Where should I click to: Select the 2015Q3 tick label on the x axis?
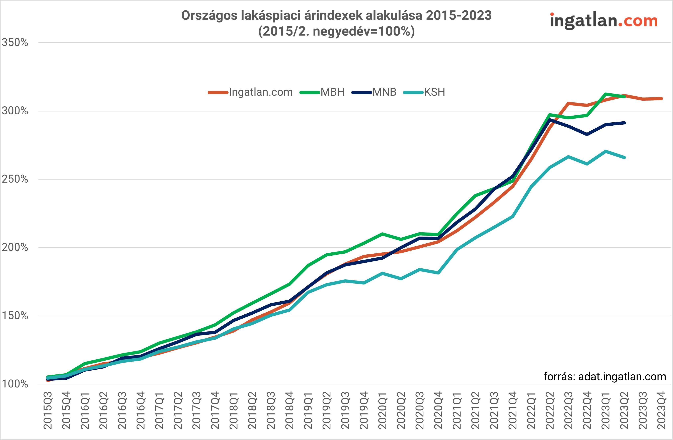[x=48, y=410]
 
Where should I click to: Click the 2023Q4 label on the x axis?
[x=661, y=410]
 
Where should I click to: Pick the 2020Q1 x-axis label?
[x=382, y=410]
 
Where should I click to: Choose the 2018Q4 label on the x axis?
[x=289, y=410]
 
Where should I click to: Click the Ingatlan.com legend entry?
[x=260, y=92]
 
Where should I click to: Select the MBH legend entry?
[x=332, y=92]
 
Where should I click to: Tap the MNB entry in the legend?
[x=384, y=92]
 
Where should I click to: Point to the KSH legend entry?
[x=434, y=92]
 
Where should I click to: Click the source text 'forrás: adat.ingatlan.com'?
[x=605, y=377]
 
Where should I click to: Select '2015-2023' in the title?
[x=459, y=16]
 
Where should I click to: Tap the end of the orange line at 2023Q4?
[x=661, y=99]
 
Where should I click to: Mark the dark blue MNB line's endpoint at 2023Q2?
[x=624, y=123]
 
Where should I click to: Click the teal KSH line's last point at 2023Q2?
[x=624, y=157]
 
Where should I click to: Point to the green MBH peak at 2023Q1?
[x=606, y=94]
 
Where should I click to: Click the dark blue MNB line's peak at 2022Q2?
[x=550, y=120]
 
